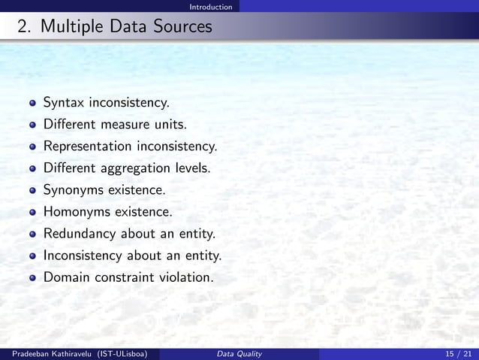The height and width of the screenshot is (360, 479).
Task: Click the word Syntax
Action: click(64, 102)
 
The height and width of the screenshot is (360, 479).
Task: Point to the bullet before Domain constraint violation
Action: click(32, 278)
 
